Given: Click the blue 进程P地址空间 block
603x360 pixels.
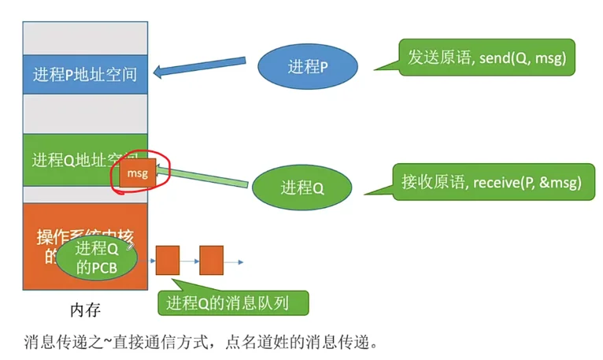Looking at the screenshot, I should pos(85,75).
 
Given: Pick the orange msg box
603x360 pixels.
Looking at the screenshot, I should pos(137,174).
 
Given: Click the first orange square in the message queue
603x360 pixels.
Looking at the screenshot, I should pos(168,260).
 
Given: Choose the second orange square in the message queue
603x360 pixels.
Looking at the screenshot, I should pos(212,260).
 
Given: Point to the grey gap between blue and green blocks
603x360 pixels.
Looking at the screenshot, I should pos(85,114).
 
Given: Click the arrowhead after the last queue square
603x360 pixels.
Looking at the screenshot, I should pos(239,261).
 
